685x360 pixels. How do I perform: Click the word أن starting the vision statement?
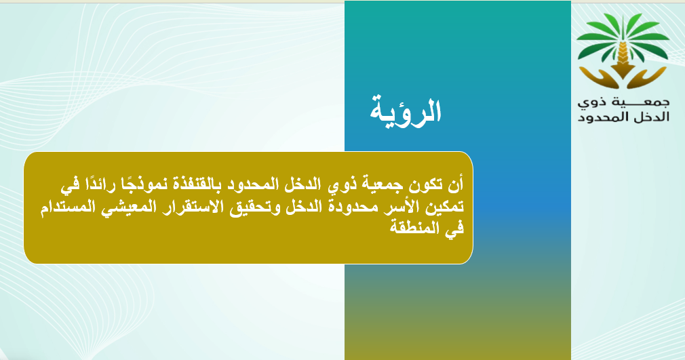coord(455,184)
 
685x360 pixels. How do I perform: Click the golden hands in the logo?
coord(623,78)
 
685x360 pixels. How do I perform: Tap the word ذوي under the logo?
coord(593,103)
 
